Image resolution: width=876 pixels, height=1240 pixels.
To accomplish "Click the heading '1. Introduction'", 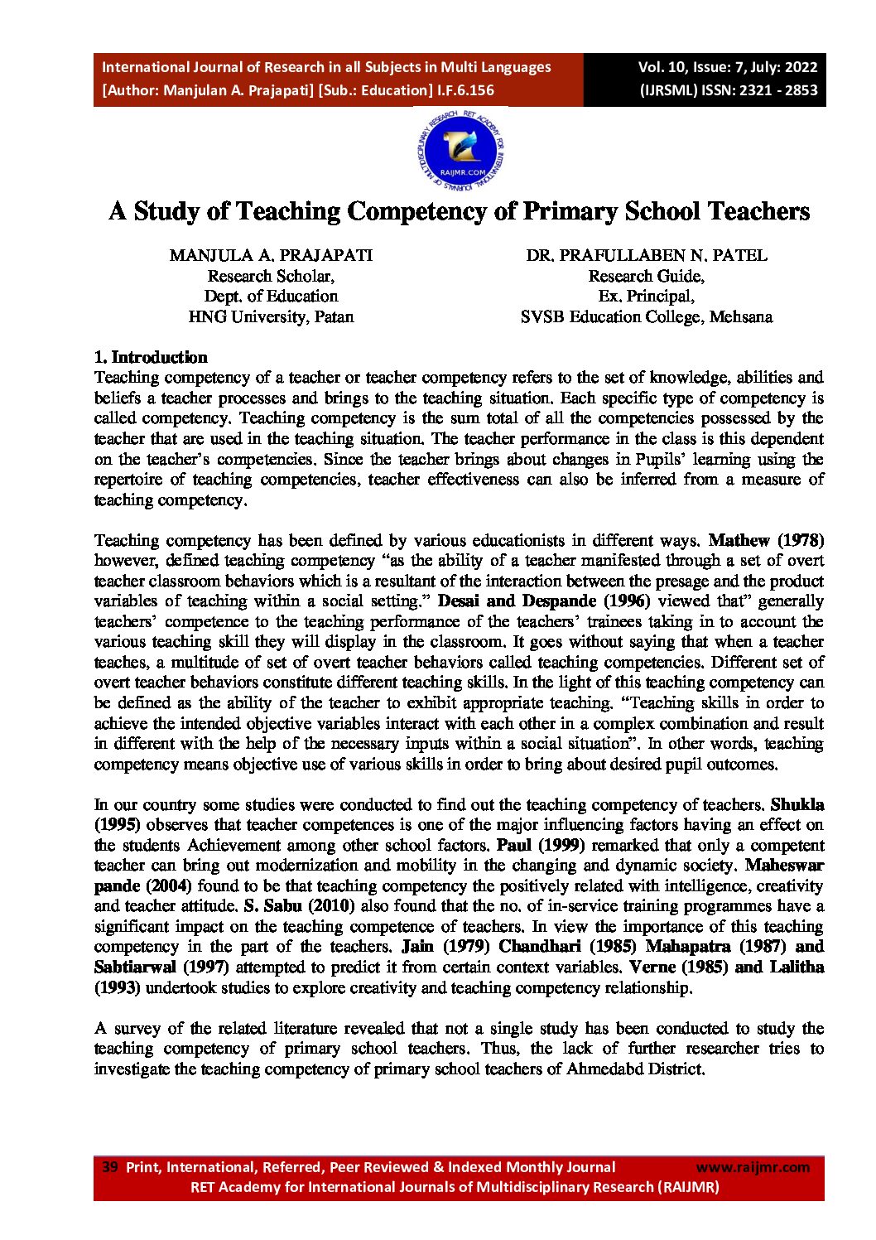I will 151,357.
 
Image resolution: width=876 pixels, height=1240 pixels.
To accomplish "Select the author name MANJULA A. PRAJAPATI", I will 271,255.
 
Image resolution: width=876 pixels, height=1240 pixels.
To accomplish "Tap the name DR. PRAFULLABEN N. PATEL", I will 646,255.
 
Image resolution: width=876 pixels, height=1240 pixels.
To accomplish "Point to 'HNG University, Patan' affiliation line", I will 271,316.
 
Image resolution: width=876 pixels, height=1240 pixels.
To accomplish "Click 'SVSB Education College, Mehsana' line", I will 646,316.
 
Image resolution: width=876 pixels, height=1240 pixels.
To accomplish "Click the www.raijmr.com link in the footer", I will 753,1167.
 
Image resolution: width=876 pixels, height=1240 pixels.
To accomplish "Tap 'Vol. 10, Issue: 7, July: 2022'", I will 727,67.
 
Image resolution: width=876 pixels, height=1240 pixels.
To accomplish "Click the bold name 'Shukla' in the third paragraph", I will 797,804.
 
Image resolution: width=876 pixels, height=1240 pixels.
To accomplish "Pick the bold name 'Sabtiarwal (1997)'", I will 161,967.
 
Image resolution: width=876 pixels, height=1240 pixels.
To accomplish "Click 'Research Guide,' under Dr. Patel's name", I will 646,276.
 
